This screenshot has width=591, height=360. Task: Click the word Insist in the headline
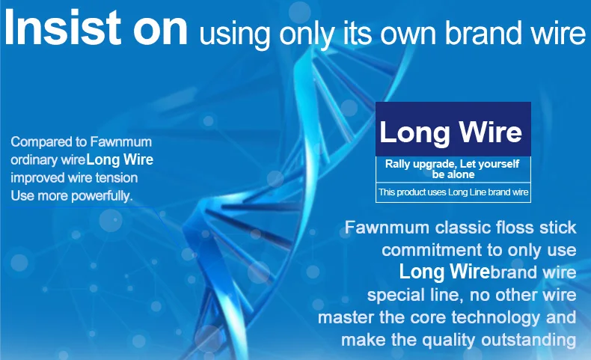click(x=63, y=27)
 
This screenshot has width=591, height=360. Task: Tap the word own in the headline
click(x=408, y=33)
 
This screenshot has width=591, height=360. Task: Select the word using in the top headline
click(x=235, y=34)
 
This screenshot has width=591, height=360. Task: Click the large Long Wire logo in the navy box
click(x=451, y=132)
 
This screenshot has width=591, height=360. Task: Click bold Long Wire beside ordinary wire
click(x=120, y=159)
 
